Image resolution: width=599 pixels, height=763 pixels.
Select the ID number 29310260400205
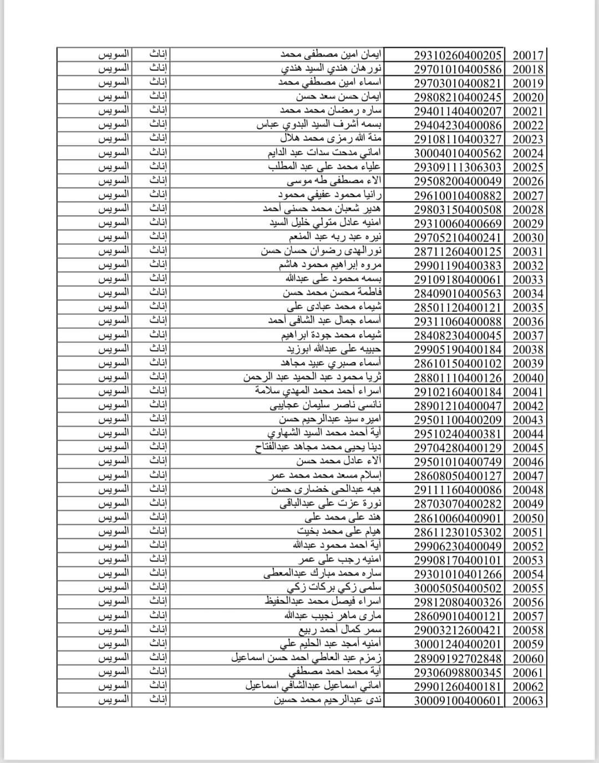point(458,55)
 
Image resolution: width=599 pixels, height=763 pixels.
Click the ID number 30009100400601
point(458,700)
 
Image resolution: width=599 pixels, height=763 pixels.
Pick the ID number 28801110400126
point(458,378)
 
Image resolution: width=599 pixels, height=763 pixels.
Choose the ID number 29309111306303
point(458,167)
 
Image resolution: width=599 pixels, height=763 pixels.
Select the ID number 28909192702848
point(458,659)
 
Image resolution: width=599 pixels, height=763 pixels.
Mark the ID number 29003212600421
point(458,630)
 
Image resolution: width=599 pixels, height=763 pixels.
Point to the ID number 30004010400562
point(458,154)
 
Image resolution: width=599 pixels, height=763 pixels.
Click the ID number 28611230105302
point(458,532)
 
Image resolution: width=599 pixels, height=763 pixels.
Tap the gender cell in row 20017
point(159,55)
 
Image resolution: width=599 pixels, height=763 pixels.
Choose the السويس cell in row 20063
point(114,700)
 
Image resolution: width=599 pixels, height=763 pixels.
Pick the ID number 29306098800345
point(458,673)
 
